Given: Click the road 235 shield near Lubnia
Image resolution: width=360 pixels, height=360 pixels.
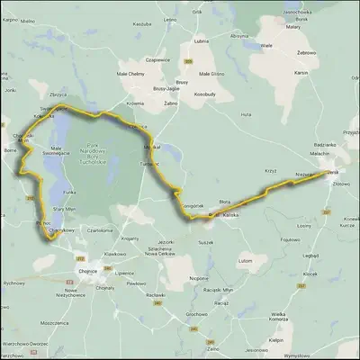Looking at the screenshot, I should tap(189, 61).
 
